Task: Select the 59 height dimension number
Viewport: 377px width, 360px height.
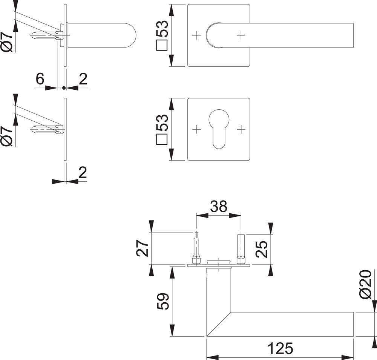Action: (x=163, y=301)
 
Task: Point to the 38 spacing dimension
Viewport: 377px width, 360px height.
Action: (x=219, y=206)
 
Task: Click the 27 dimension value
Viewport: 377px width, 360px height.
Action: (x=143, y=248)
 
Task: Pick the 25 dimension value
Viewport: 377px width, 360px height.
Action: (x=261, y=249)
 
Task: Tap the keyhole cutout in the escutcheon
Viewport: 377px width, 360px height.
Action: (x=219, y=129)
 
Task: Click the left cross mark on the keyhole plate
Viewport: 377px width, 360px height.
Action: (x=196, y=129)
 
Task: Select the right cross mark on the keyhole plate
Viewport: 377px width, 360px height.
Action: (x=241, y=129)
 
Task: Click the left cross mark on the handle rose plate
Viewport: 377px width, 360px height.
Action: (x=196, y=35)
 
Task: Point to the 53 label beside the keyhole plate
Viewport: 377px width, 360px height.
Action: (x=162, y=129)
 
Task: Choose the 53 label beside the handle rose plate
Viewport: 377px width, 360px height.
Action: (x=162, y=35)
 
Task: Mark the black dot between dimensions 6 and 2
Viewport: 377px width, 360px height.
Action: (x=64, y=88)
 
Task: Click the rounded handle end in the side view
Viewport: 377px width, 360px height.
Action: (x=130, y=35)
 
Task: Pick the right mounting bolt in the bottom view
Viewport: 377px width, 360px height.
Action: (x=241, y=250)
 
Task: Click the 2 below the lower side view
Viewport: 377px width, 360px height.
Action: (x=83, y=173)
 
